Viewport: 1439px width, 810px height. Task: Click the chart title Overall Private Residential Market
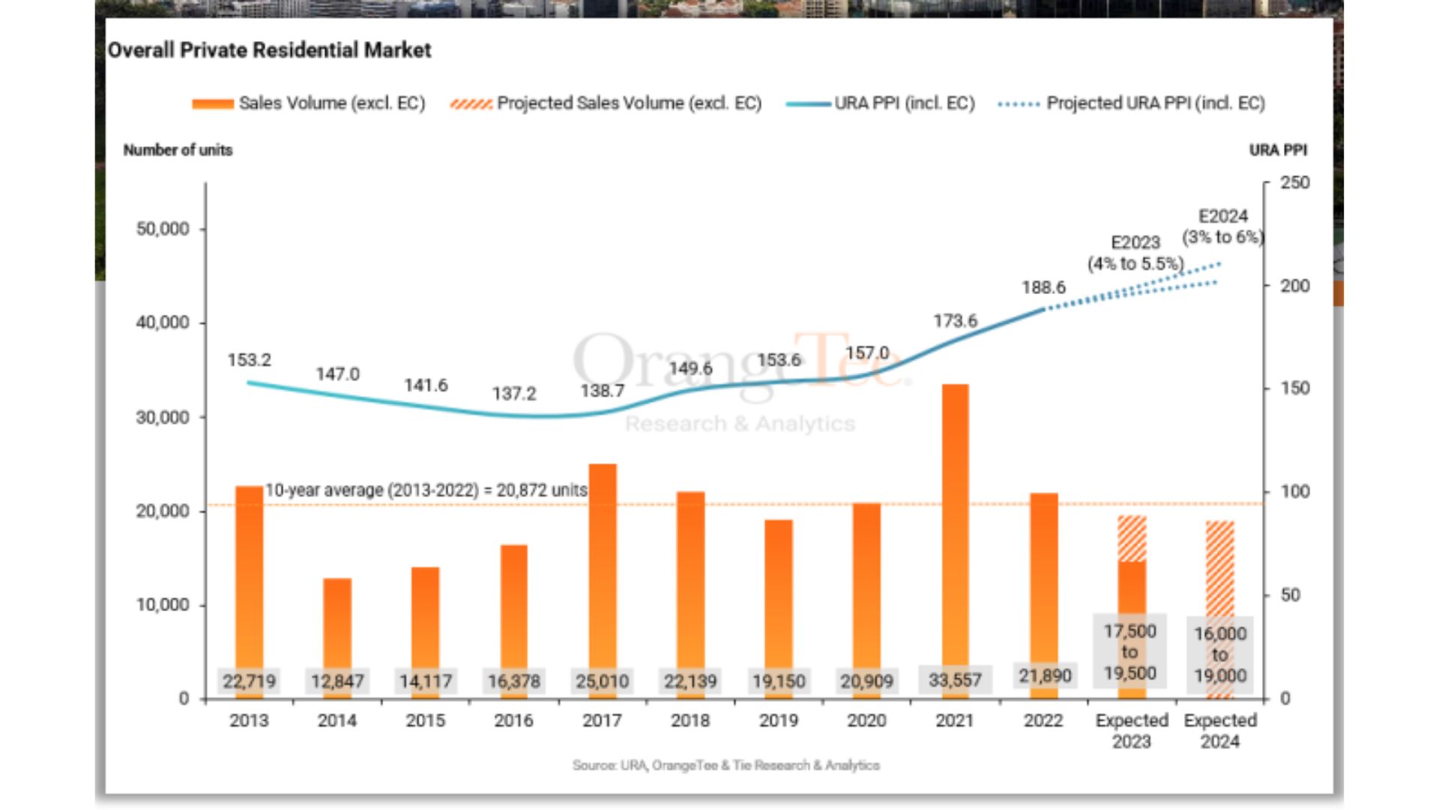point(269,50)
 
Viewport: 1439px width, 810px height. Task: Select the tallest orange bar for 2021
point(955,525)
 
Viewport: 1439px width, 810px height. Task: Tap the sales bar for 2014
point(337,622)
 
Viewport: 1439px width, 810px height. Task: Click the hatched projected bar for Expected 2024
point(1219,570)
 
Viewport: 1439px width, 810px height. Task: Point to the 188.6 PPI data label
point(1043,288)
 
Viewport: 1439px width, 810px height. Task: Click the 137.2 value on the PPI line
point(514,394)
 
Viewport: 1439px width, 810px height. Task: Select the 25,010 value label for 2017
point(602,681)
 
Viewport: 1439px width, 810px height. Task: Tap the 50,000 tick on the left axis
point(163,229)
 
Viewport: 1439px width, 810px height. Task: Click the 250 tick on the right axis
point(1294,183)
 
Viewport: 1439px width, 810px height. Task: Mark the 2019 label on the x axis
point(778,721)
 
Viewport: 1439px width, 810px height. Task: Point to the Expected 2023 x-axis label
point(1132,730)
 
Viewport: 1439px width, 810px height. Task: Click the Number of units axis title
point(178,150)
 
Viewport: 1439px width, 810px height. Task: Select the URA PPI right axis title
point(1278,150)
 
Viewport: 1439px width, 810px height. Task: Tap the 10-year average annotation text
point(426,490)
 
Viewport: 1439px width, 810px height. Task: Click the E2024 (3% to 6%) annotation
point(1223,226)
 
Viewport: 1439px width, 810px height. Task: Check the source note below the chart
point(725,766)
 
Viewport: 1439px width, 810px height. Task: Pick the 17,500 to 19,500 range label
point(1129,652)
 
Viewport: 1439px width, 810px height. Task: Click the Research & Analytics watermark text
point(740,424)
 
